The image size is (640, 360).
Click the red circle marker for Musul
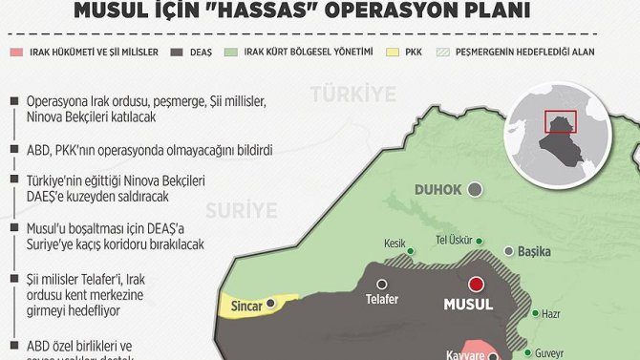(476, 284)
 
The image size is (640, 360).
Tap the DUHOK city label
(437, 190)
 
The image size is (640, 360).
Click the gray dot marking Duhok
(476, 190)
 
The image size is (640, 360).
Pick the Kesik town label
(395, 243)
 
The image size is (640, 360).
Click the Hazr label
(550, 313)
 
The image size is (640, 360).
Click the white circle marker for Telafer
(382, 284)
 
